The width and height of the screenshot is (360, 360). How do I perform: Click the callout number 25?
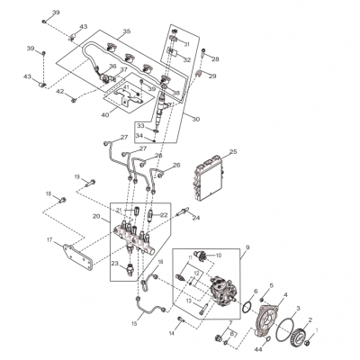[x=232, y=153]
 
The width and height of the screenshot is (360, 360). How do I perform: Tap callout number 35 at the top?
[x=126, y=31]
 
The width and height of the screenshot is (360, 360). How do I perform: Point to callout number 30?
[x=195, y=119]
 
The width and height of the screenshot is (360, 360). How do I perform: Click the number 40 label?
[x=104, y=115]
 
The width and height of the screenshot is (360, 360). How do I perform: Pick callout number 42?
[x=59, y=92]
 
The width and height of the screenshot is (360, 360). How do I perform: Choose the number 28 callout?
[x=215, y=59]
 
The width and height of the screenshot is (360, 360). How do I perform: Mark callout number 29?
[x=213, y=76]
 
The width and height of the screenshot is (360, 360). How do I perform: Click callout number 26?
[x=176, y=165]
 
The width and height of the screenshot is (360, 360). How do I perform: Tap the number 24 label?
[x=196, y=218]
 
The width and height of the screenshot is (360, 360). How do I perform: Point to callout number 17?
[x=50, y=239]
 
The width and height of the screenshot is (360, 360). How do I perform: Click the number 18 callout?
[x=49, y=194]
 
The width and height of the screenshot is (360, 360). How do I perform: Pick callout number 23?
[x=115, y=264]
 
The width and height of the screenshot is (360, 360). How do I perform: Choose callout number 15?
[x=135, y=322]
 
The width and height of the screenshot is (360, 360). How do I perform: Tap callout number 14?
[x=170, y=333]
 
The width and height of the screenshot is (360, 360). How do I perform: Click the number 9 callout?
[x=247, y=247]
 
